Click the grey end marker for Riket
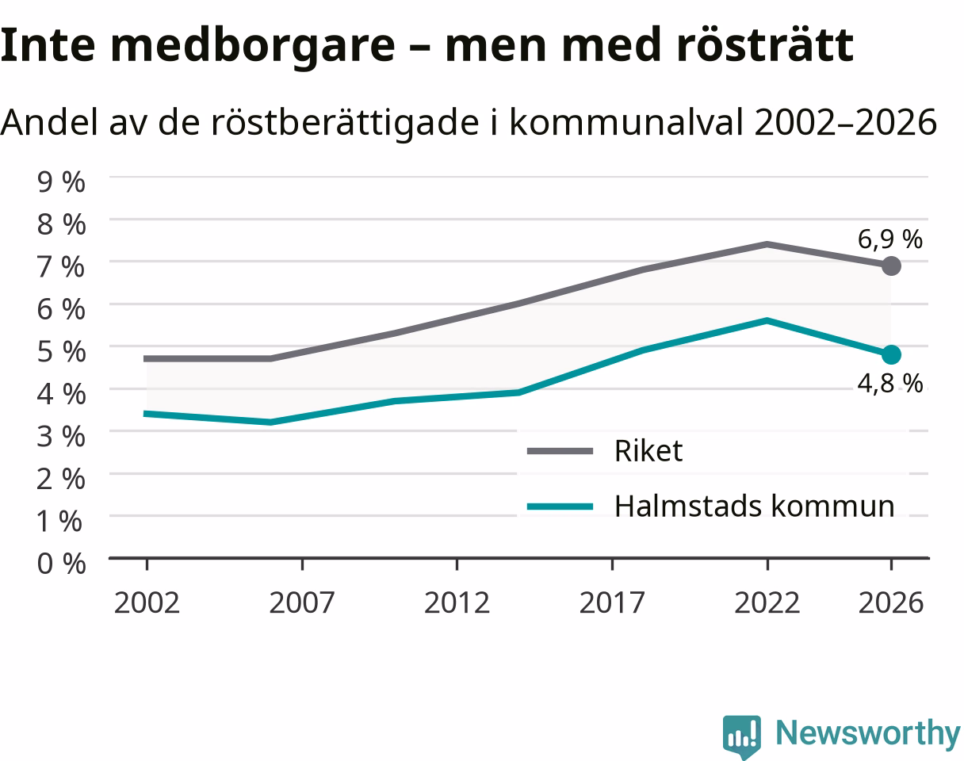(891, 266)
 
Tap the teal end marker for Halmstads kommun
(891, 355)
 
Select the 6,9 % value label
(889, 239)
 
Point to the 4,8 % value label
(889, 384)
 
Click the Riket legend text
(648, 450)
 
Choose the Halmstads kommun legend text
(755, 506)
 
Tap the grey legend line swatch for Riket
(560, 451)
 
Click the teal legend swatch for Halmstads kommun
(560, 507)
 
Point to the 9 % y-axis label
(61, 182)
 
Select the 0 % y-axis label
(61, 563)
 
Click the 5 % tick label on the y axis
(61, 352)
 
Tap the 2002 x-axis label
(147, 602)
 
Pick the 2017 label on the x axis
(612, 602)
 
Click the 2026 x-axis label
(891, 602)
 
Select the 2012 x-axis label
(457, 602)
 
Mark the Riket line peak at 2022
(767, 244)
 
